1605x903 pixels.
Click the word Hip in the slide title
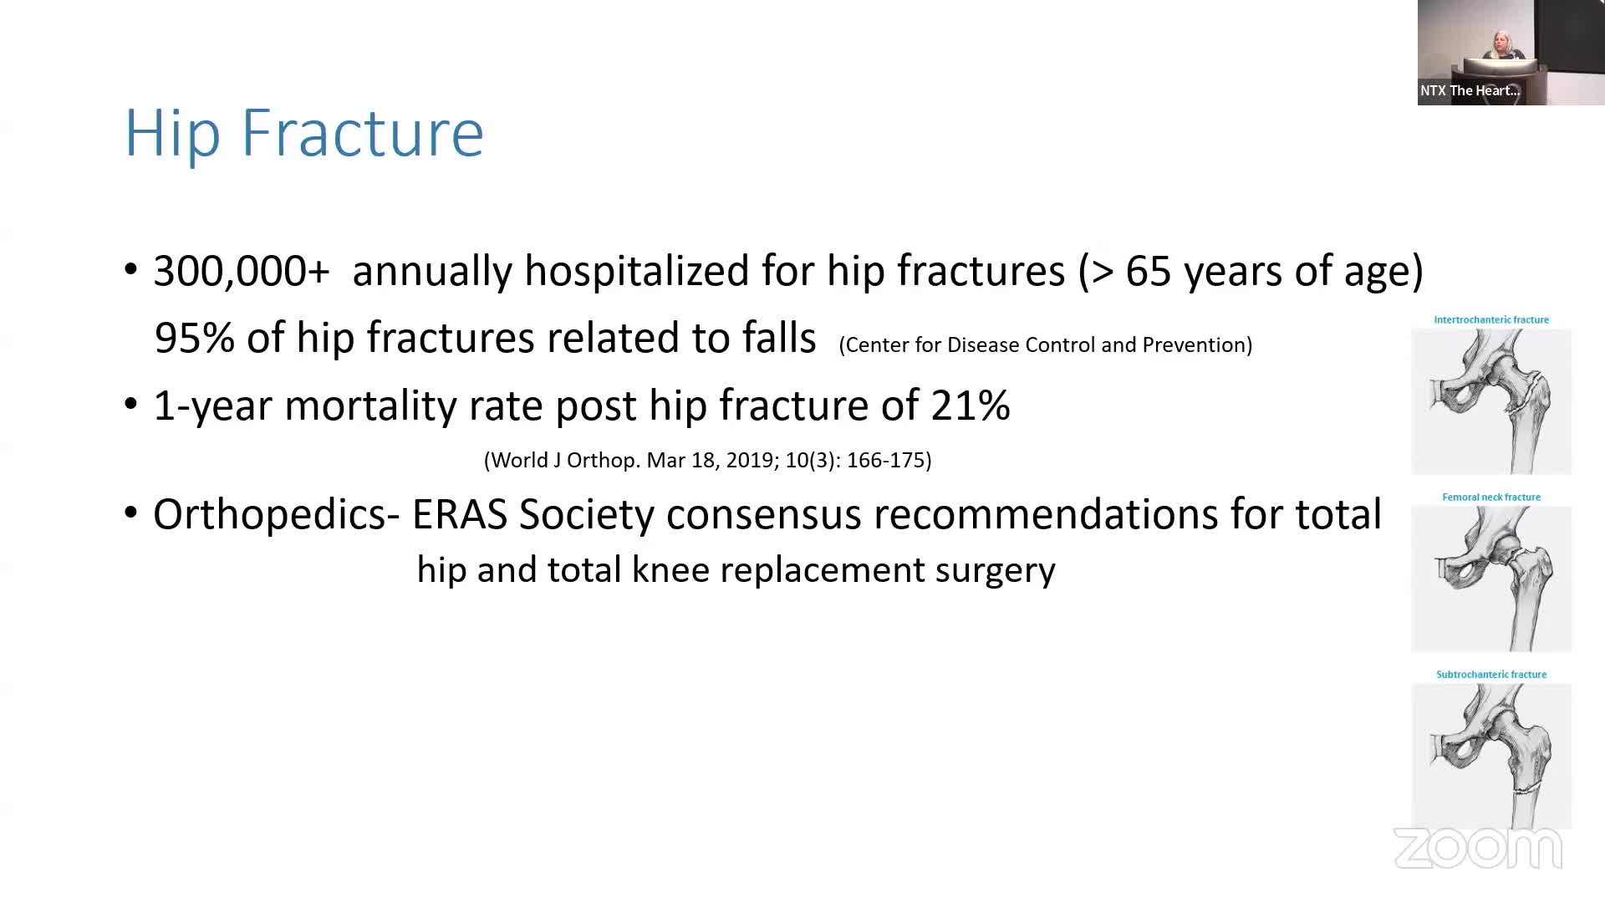tap(172, 134)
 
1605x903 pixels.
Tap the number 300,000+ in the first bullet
tap(242, 272)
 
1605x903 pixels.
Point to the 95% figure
tap(194, 338)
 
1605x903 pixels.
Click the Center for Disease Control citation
tap(1045, 345)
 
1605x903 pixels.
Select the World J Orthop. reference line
tap(708, 460)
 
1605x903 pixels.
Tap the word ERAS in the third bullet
tap(460, 514)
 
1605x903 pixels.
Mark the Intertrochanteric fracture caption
tap(1491, 320)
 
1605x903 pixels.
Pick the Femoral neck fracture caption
tap(1491, 497)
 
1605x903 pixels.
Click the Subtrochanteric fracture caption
tap(1491, 675)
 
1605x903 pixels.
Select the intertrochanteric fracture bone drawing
tap(1491, 401)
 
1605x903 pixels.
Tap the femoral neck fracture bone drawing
tap(1491, 579)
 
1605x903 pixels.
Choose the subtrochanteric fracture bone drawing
tap(1491, 756)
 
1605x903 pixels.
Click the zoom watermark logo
tap(1478, 849)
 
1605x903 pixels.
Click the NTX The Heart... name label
tap(1470, 90)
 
